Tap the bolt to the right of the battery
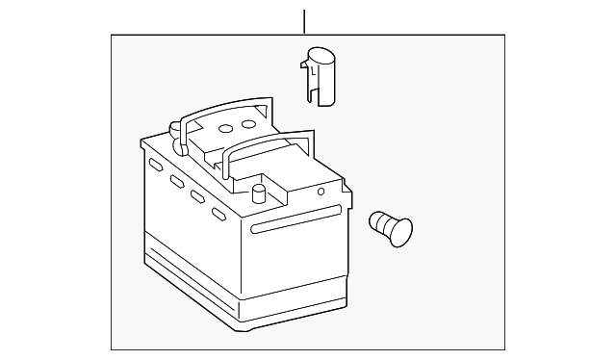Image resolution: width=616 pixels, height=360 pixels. coord(391,229)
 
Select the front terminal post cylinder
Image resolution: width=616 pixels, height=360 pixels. coord(258,193)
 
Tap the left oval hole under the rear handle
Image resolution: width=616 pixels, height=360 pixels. coord(226,128)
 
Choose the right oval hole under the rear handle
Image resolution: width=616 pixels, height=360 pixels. coord(248,123)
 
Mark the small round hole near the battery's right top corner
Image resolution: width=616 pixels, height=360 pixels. coord(321,191)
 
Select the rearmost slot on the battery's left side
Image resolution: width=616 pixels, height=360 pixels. coord(154,167)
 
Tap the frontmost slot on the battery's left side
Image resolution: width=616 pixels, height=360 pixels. coord(218,214)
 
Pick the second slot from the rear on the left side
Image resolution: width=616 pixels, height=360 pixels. coord(177,182)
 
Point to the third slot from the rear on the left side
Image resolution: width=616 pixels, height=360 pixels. coord(197,197)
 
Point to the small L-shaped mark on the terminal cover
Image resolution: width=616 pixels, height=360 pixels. coord(314,68)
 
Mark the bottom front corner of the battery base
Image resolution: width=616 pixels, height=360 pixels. coord(237,324)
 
